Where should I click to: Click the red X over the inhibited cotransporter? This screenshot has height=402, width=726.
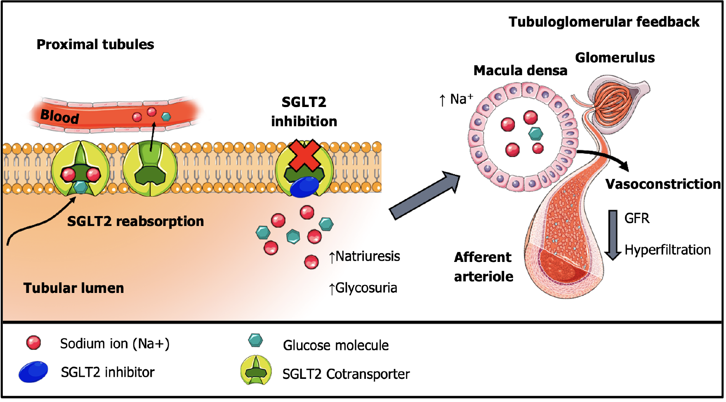click(x=305, y=156)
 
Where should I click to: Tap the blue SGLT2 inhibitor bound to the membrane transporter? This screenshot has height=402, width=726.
click(x=304, y=187)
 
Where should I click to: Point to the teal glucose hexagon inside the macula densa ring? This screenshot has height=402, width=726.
click(x=535, y=133)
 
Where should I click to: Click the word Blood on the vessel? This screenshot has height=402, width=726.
click(x=60, y=116)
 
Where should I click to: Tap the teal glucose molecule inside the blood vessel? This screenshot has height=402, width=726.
click(x=166, y=117)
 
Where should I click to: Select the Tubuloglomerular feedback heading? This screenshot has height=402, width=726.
click(x=603, y=21)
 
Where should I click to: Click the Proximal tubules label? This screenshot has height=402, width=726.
click(x=95, y=44)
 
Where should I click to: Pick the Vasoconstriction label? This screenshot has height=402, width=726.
click(x=663, y=184)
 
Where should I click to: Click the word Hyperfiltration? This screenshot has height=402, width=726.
click(x=667, y=250)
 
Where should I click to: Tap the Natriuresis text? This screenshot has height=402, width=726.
click(x=365, y=256)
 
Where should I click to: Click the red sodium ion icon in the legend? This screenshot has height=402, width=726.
click(x=33, y=343)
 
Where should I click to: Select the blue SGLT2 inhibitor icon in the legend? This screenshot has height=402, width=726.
click(x=33, y=371)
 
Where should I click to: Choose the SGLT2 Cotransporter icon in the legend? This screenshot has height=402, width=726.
click(x=256, y=370)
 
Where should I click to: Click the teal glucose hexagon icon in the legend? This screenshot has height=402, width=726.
click(x=255, y=340)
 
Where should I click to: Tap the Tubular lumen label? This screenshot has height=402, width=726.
click(x=73, y=288)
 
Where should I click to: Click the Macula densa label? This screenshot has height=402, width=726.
click(x=520, y=70)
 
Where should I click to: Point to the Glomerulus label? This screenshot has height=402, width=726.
click(x=615, y=57)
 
